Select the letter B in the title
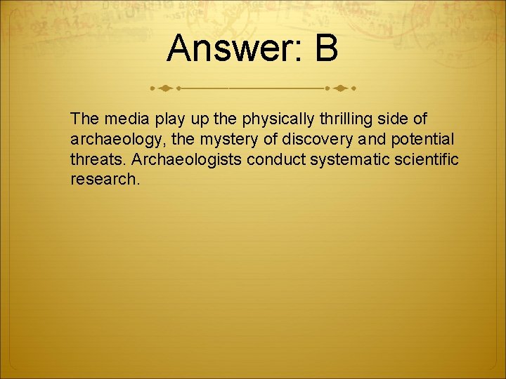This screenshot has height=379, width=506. pos(327,49)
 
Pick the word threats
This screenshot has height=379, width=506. pos(98,159)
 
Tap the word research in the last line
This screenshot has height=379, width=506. pos(105,179)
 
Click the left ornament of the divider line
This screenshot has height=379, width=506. pos(164,89)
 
